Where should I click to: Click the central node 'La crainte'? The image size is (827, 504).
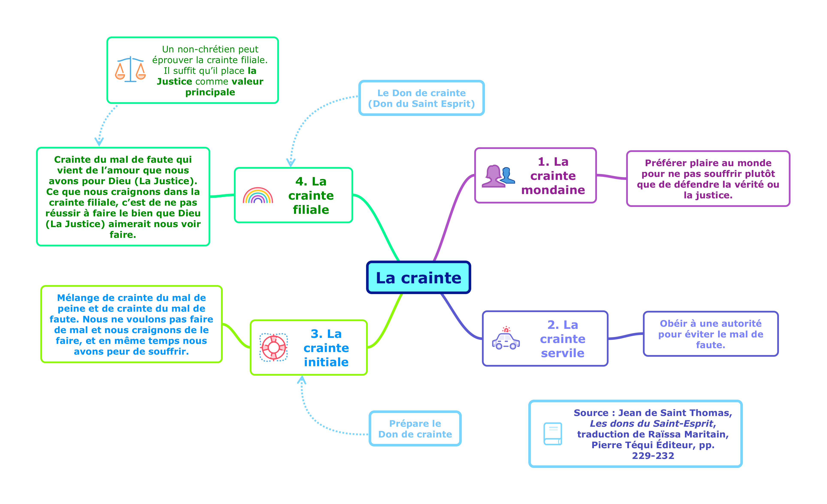coord(418,278)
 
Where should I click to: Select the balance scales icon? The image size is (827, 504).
coord(130,70)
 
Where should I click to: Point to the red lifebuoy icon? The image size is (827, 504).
coord(274,347)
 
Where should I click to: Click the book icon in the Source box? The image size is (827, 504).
coord(553,433)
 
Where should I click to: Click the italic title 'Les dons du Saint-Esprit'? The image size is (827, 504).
coord(651,424)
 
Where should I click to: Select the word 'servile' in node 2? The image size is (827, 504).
coord(562,353)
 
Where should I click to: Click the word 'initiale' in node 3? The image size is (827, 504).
coord(326,362)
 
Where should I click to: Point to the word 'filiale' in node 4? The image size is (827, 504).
coord(311,210)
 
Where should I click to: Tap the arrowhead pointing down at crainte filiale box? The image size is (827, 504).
coord(291,163)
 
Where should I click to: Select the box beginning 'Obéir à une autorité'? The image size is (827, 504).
coord(710,334)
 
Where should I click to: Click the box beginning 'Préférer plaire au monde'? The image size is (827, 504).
coord(708,179)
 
